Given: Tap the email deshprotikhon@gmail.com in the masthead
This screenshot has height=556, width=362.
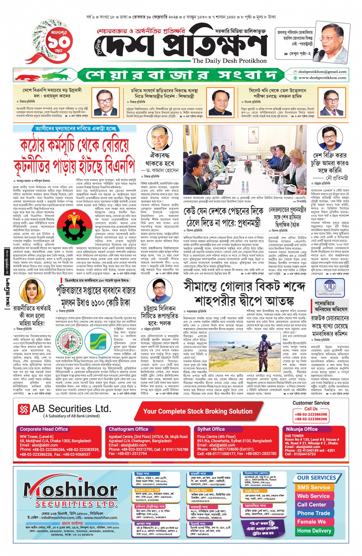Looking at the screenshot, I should coord(322,72).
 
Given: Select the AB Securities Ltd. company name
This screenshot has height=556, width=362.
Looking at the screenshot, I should coord(71,409).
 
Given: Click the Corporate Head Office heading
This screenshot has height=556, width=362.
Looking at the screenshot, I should coord(44,429).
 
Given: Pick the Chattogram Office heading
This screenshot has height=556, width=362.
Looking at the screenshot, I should coord(128,429).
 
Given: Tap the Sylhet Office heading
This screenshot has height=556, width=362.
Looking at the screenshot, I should coord(211,429).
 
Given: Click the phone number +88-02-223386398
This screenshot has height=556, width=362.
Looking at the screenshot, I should coord(311,414).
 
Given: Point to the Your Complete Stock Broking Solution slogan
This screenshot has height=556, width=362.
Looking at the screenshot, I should coord(198,411).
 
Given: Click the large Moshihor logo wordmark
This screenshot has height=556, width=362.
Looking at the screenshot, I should coord(70,490).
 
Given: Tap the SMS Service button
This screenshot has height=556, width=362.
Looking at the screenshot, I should coord(313,487).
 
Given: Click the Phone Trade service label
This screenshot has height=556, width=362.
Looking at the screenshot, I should coord(313,513).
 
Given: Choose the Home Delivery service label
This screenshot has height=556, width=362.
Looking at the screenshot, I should coord(314,531).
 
